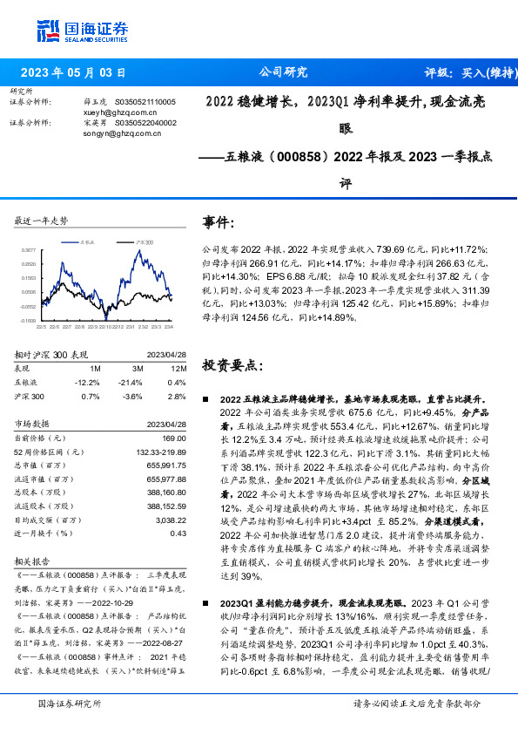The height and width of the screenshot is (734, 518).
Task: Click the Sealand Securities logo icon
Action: pos(48,31)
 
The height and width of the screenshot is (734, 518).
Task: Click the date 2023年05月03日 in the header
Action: pos(72,72)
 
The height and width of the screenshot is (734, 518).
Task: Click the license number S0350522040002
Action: pos(146,123)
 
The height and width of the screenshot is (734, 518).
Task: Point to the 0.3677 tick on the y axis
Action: pos(30,249)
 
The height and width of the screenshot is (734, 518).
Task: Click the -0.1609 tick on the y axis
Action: pos(30,320)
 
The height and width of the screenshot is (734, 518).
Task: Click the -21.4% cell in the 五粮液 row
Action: pos(131,382)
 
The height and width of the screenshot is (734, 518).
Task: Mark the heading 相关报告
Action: pos(32,561)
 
